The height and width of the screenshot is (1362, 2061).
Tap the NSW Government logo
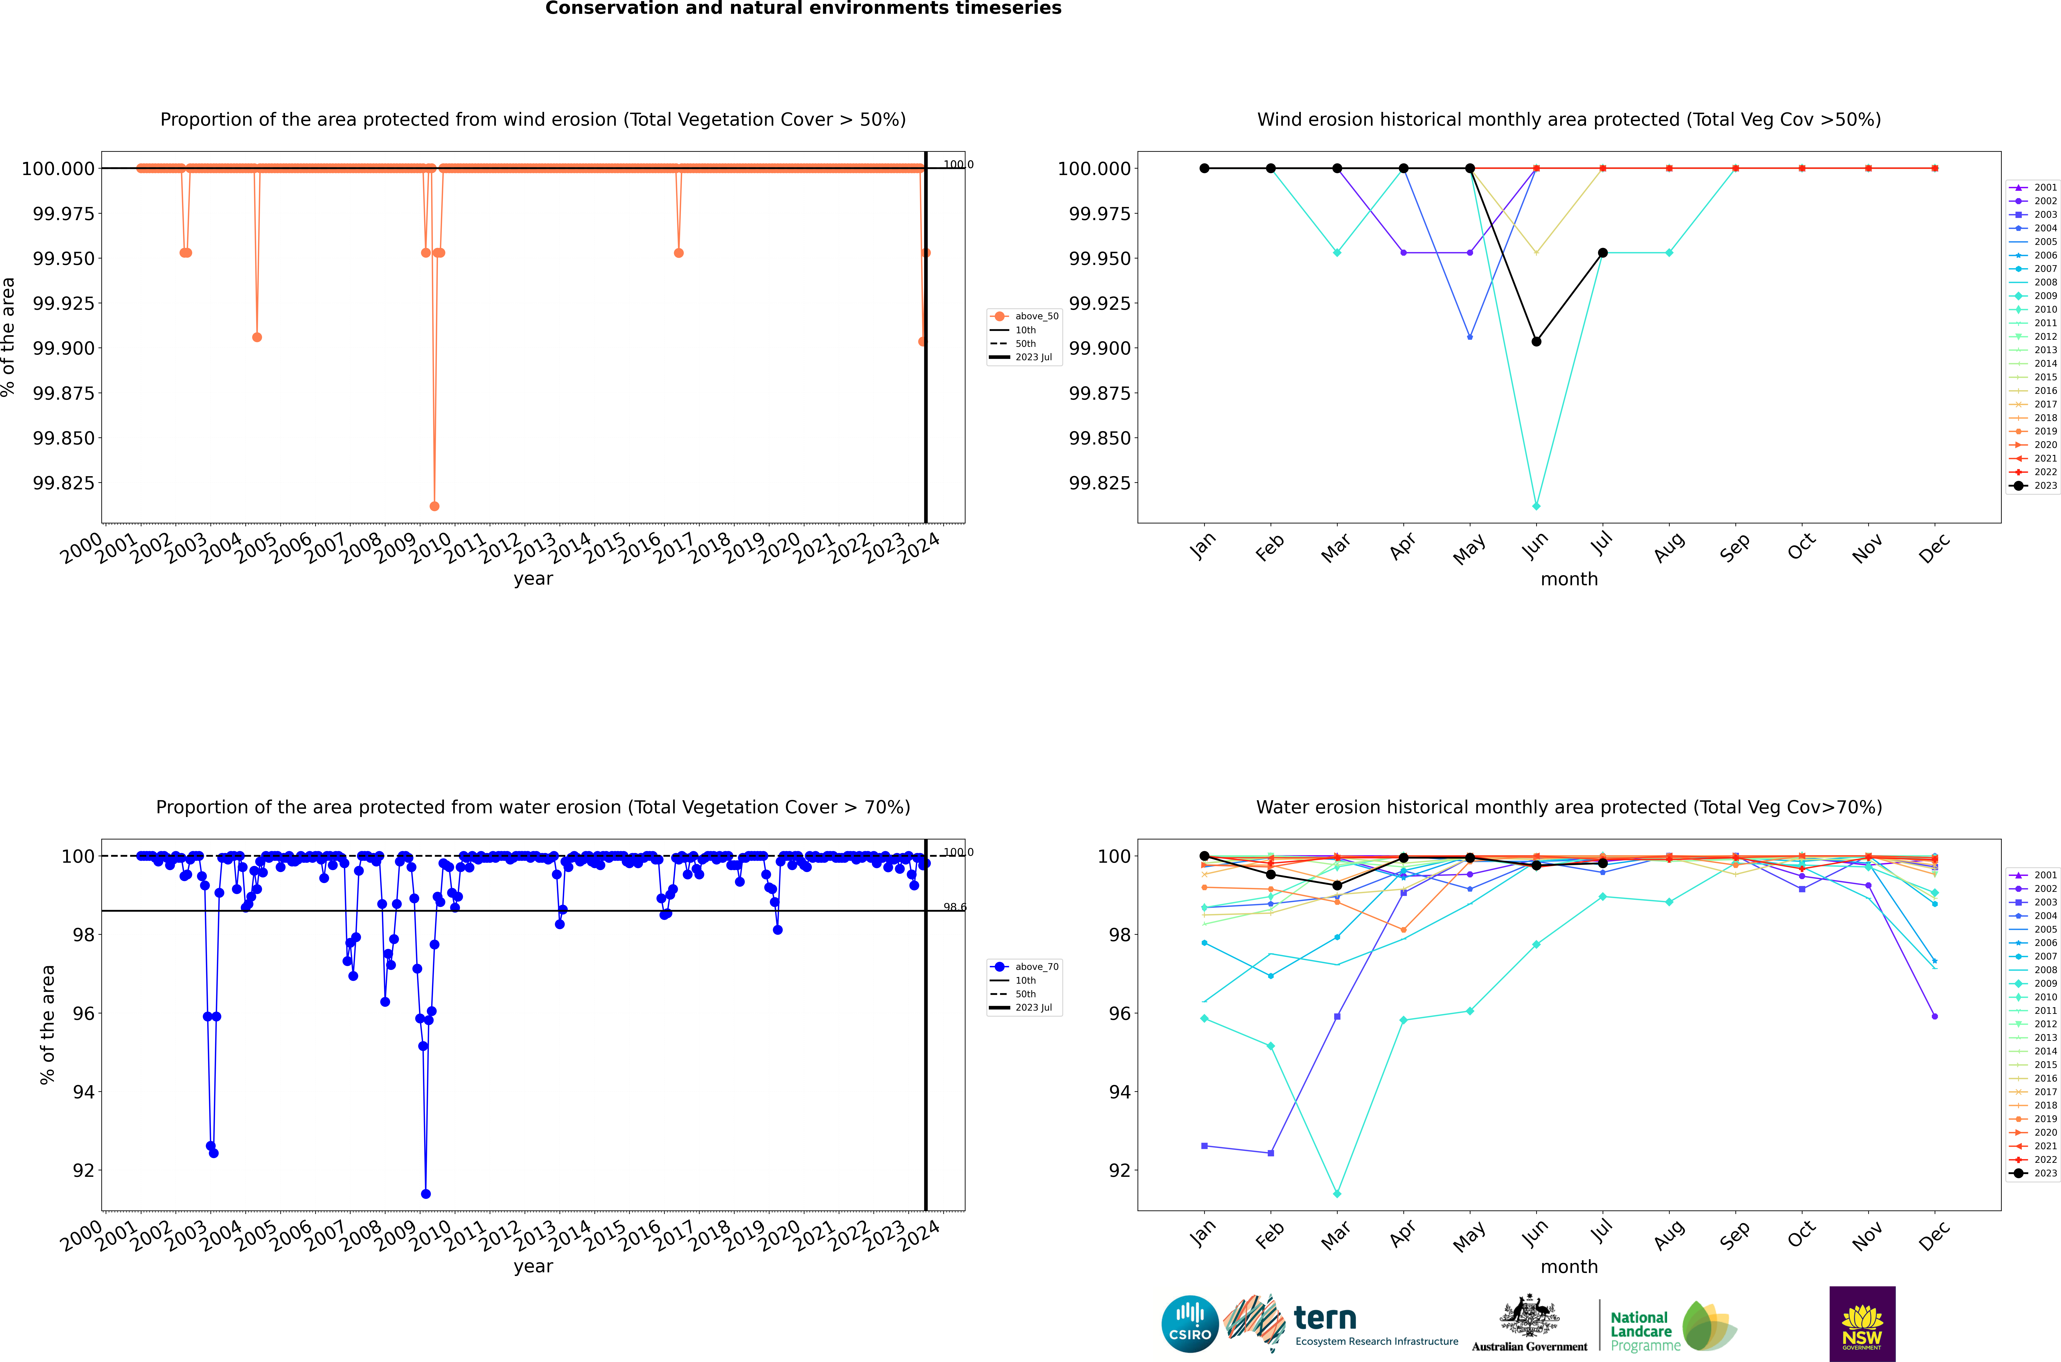[1862, 1324]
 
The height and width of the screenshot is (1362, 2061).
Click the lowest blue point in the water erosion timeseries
[426, 1193]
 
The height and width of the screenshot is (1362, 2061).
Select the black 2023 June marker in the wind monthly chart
[1536, 341]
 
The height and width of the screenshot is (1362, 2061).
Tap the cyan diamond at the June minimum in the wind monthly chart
[1536, 506]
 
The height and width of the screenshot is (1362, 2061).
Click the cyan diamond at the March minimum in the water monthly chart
[1337, 1193]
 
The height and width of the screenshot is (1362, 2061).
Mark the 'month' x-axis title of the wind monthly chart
[1569, 579]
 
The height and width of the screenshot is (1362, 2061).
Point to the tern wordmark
[1324, 1318]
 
